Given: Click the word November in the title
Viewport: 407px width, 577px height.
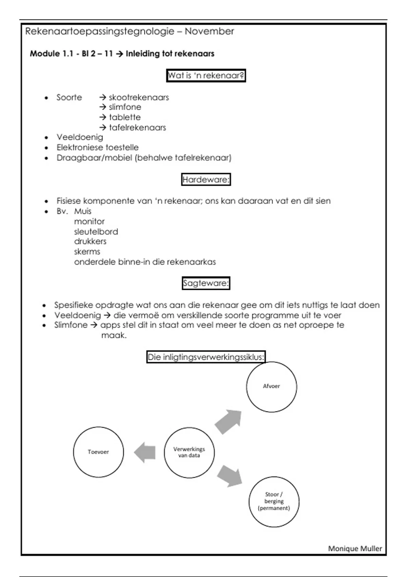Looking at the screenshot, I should pos(209,32).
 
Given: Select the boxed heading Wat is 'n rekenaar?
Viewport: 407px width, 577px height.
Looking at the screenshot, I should pos(206,75).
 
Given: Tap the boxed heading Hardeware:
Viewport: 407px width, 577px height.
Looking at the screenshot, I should pos(206,180).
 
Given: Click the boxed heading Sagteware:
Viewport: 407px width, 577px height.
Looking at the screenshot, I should pos(206,283).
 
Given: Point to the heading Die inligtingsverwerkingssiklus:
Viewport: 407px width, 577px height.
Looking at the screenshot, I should pos(206,357).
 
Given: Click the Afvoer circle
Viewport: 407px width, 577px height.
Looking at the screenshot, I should pos(271,387).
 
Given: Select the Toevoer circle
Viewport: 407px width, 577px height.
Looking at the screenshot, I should pos(98,452).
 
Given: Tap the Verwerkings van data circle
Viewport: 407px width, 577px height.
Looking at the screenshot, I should pos(189,452).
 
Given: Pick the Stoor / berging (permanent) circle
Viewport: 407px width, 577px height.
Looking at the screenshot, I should pos(274,502).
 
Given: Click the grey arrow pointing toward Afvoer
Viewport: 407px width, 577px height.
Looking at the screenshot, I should pos(229,422).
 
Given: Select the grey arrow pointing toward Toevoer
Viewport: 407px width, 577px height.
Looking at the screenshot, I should pos(145,452).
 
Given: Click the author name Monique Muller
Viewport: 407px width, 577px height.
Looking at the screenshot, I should pos(355,548).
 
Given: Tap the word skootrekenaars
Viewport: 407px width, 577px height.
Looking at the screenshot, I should pos(139,97).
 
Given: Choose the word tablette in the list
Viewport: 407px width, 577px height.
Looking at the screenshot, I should pos(124,117).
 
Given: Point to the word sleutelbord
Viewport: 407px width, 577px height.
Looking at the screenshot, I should pos(96,232).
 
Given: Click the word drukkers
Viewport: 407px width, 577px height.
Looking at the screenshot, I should pos(90,242).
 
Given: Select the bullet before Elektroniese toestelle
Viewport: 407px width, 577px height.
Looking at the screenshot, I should pos(46,148).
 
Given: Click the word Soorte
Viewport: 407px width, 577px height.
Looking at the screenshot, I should pos(69,97).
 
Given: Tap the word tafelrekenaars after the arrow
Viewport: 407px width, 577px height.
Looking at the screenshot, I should pos(137,128).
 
